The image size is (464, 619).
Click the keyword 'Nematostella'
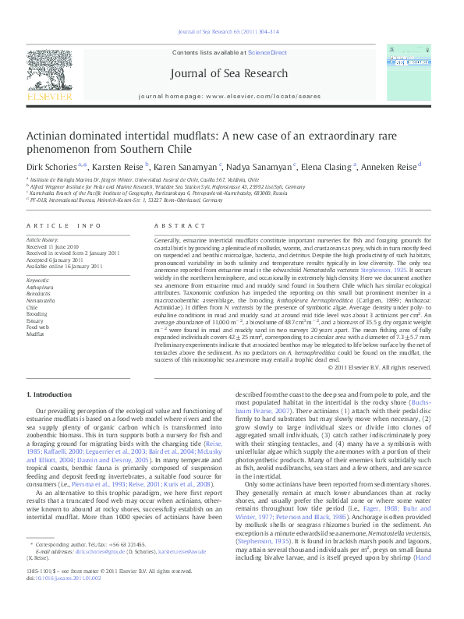[41, 300]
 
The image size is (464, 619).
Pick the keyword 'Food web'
[37, 327]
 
